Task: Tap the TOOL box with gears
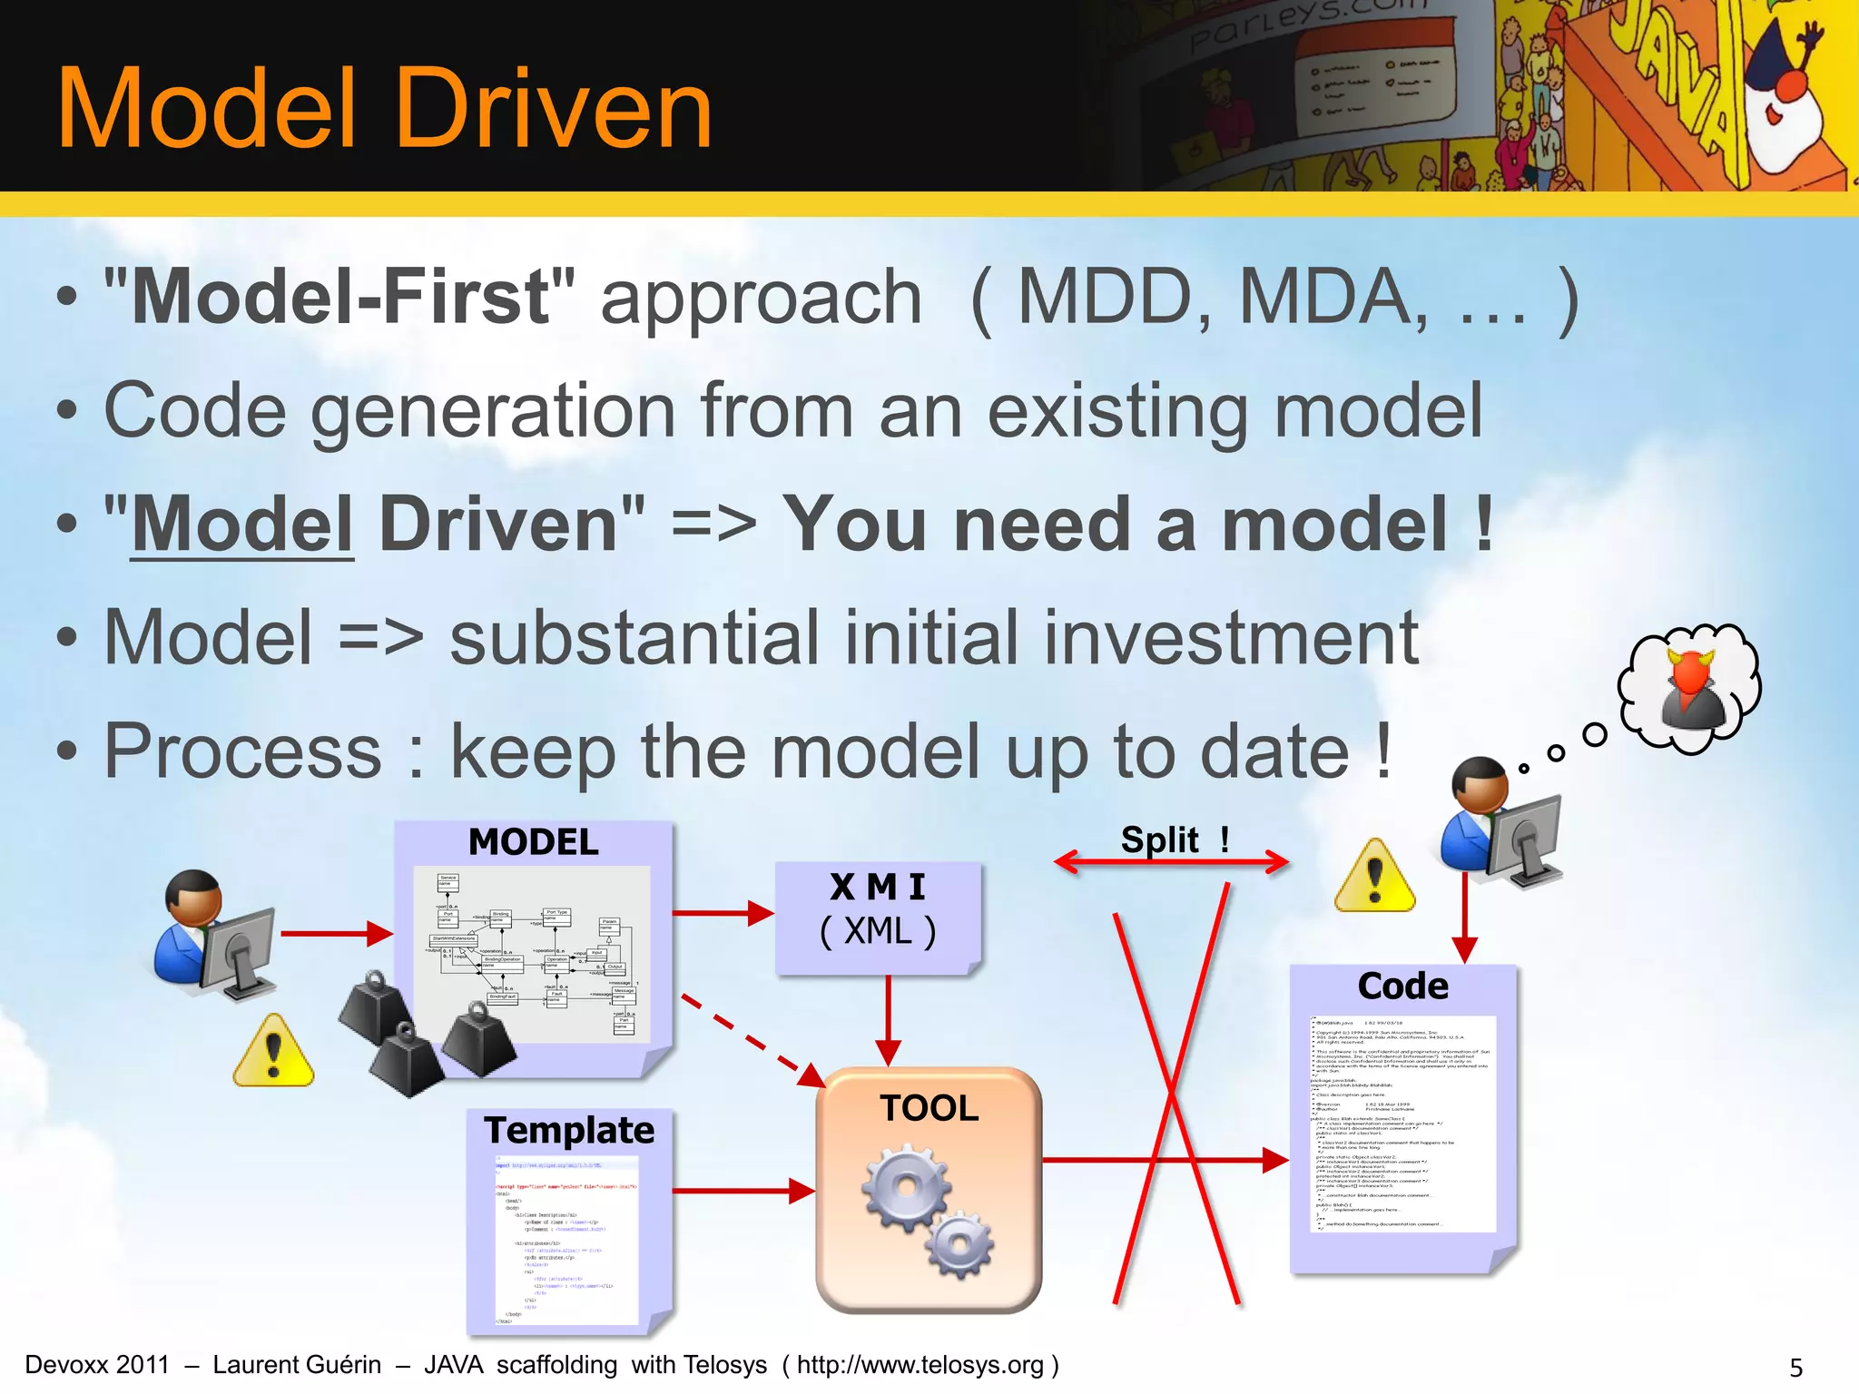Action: [x=929, y=1189]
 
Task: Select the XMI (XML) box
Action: [x=878, y=917]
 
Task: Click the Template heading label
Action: [x=569, y=1131]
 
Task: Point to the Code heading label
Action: [x=1402, y=987]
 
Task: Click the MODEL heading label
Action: [x=534, y=842]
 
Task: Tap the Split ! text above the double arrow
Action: [x=1174, y=839]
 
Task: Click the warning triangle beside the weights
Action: [x=273, y=1053]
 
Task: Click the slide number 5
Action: [x=1795, y=1367]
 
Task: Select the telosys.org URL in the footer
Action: [x=920, y=1365]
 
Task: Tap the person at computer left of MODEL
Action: [x=216, y=935]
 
